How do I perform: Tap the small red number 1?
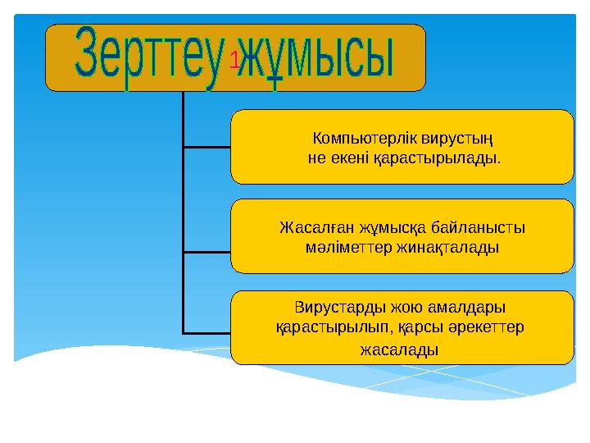point(234,59)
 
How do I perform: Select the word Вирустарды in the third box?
point(334,308)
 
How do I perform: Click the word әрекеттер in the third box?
point(489,327)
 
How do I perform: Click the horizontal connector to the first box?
point(206,147)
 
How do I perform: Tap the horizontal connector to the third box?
point(206,332)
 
